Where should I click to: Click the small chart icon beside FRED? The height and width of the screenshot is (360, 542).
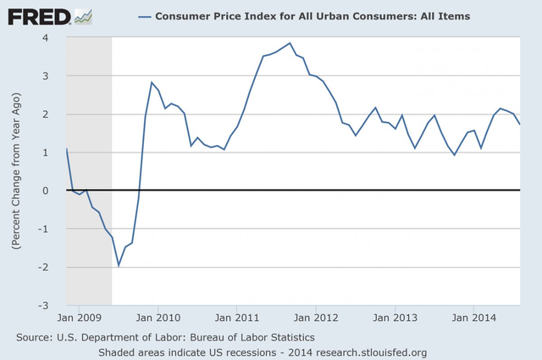pos(83,15)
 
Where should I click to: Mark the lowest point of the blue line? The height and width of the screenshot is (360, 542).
pos(119,265)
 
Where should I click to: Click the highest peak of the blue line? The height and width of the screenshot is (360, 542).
pos(290,43)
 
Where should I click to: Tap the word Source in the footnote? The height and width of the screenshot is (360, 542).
pos(37,337)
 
